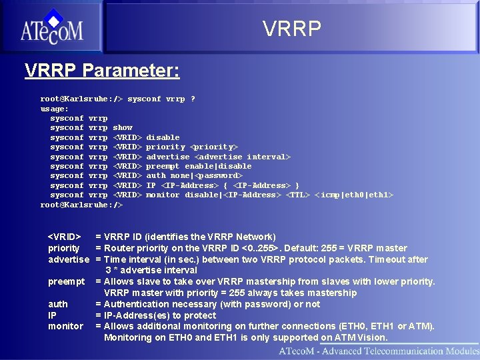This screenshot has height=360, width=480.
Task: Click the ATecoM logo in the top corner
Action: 51,26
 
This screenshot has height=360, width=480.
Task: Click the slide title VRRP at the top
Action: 291,29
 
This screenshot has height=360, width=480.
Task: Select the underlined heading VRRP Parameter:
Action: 102,70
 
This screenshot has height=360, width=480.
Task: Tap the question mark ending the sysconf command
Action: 193,99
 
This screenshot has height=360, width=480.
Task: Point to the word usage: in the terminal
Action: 55,109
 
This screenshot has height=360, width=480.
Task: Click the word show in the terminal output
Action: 123,127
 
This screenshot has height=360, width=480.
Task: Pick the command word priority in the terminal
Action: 165,147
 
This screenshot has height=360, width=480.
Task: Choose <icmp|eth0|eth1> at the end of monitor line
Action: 353,195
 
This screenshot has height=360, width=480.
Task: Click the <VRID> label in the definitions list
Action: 65,237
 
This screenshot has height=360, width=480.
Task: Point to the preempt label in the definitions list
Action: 67,281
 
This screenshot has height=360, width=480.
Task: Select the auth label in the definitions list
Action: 58,304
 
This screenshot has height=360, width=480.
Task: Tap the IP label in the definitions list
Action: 53,315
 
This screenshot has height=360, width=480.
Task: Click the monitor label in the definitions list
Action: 65,326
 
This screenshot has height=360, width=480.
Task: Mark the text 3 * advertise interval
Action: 151,270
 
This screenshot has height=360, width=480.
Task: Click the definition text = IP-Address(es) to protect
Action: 156,315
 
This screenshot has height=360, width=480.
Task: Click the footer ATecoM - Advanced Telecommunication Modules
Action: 379,351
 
